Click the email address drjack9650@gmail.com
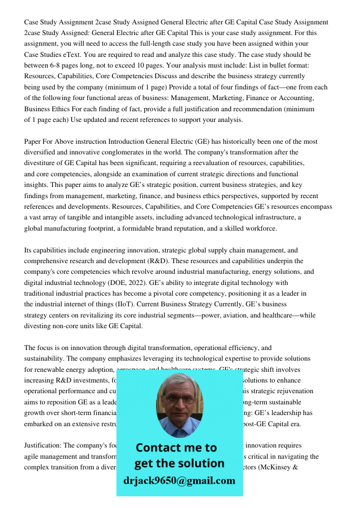[x=179, y=481]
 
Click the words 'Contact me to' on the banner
[x=176, y=448]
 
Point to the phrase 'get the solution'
[x=179, y=463]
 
